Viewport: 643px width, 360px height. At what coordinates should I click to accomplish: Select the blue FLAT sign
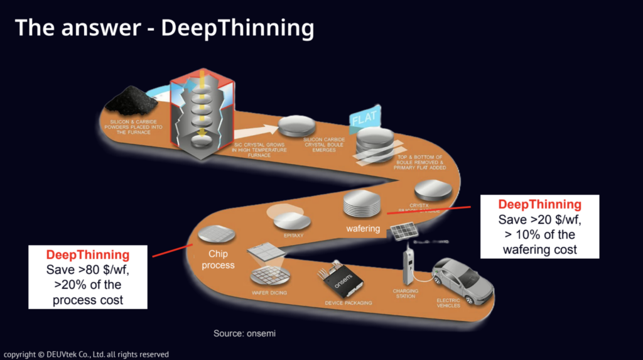[x=365, y=117]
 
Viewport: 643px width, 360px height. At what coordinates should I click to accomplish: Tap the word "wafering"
[x=363, y=229]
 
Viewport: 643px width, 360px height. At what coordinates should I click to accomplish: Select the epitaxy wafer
[x=293, y=221]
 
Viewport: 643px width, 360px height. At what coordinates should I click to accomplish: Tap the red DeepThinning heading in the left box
[x=88, y=255]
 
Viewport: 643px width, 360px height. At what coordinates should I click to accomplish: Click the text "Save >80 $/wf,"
[x=88, y=270]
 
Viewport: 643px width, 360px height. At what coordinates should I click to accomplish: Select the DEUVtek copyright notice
[x=86, y=354]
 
